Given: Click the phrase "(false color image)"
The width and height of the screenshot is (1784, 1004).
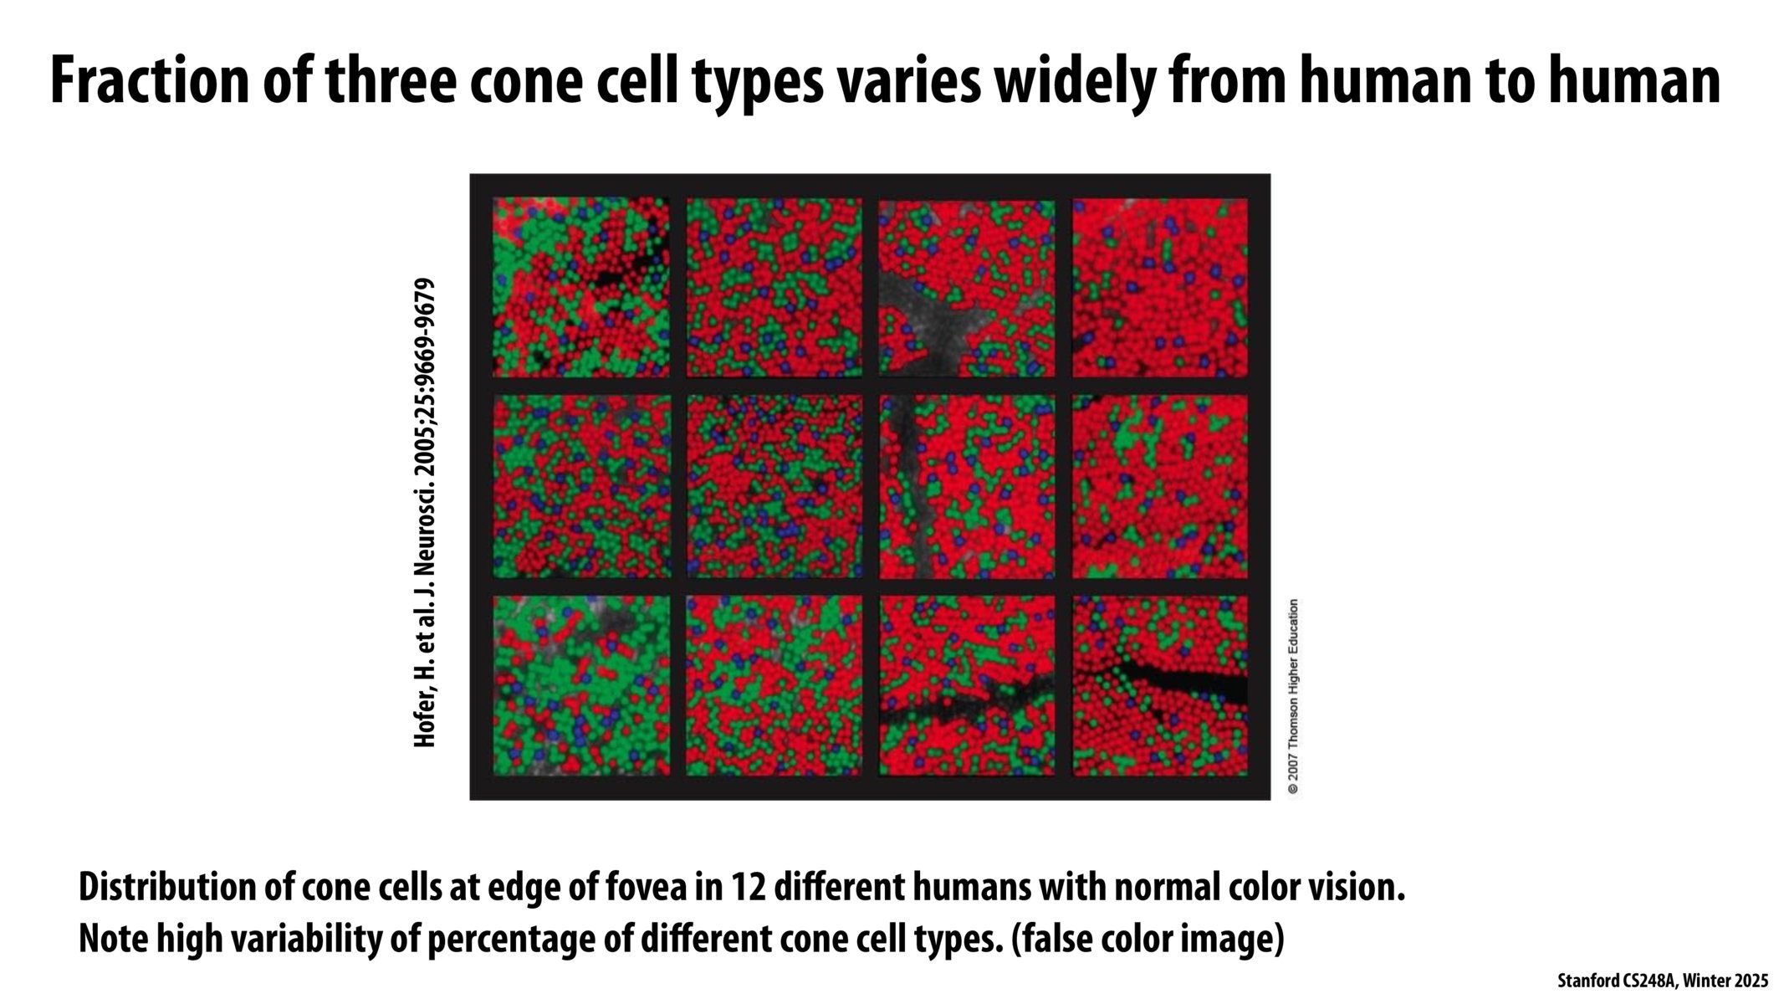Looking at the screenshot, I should click(x=1147, y=939).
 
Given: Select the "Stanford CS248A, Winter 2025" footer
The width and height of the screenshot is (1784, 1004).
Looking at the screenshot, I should click(x=1662, y=981).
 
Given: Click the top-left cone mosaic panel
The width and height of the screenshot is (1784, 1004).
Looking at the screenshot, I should click(x=581, y=287).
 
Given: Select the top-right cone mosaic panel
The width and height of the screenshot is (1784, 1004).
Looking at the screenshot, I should click(x=1160, y=287).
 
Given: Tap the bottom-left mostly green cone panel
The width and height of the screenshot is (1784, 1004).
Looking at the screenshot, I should click(x=581, y=685).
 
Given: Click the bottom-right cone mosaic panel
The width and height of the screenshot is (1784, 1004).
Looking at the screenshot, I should click(x=1160, y=685).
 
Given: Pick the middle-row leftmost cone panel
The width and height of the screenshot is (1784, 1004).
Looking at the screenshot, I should click(x=581, y=486).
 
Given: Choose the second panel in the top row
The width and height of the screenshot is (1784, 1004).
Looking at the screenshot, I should click(x=774, y=287).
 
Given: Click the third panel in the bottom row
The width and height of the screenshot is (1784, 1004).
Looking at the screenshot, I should click(x=967, y=685).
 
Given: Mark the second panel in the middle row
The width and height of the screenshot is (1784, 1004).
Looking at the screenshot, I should click(x=774, y=486).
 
